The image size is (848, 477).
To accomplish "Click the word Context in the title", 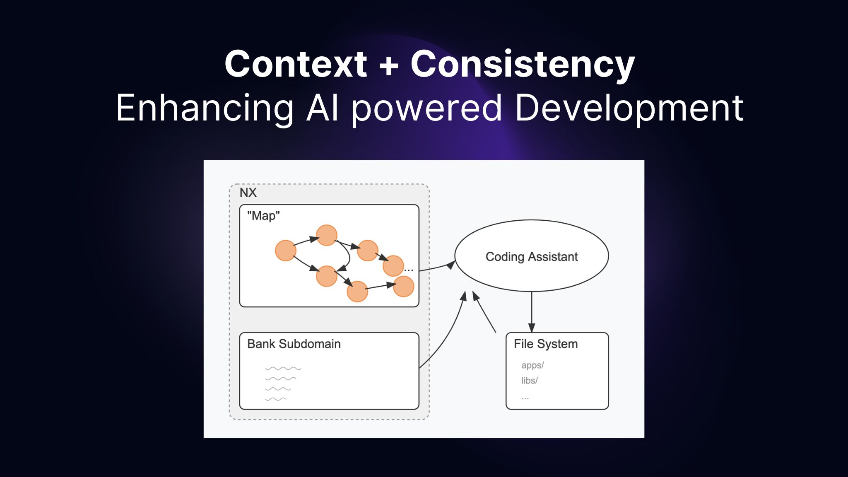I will click(x=296, y=64).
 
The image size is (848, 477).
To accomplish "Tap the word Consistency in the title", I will click(x=523, y=65).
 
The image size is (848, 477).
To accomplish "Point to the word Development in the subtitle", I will click(x=629, y=108).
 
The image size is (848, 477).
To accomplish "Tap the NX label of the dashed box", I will click(x=248, y=193).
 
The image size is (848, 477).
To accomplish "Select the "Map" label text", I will click(x=263, y=216).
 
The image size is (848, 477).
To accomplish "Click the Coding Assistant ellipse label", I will click(x=531, y=257).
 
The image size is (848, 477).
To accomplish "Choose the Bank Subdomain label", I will click(x=294, y=344).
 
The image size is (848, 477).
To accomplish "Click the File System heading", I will click(x=545, y=344).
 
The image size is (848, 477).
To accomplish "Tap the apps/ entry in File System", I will click(x=532, y=365).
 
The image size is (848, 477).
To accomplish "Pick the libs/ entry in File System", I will click(x=529, y=381).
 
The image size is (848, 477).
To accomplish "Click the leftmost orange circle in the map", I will click(x=286, y=251).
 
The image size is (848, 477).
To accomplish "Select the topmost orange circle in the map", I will click(x=326, y=235).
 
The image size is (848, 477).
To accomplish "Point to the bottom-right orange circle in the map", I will click(x=403, y=287).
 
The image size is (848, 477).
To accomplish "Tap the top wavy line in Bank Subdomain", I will click(x=283, y=368).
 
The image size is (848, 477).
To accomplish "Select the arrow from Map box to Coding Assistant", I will click(x=437, y=267).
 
